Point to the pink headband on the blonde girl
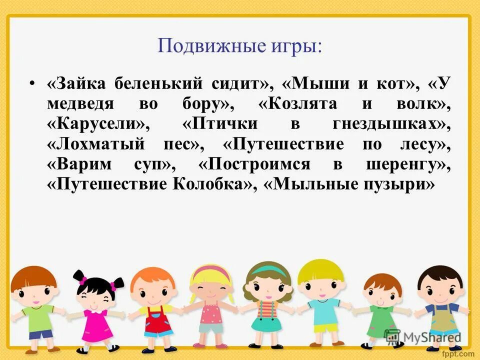(210, 272)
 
